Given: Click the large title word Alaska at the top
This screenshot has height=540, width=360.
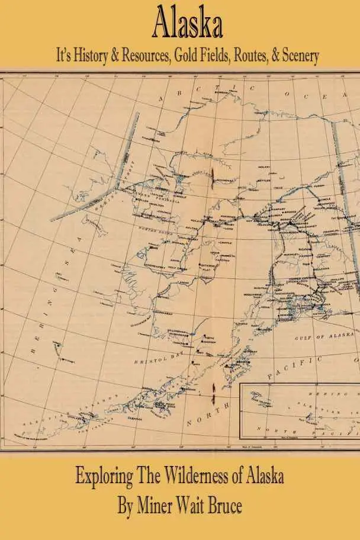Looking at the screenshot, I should (188, 26).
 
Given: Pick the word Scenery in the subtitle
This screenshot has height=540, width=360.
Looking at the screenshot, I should (300, 56).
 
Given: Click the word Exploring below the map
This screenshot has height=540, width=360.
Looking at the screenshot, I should (108, 477).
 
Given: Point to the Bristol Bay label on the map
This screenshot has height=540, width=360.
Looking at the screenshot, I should (152, 359).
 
